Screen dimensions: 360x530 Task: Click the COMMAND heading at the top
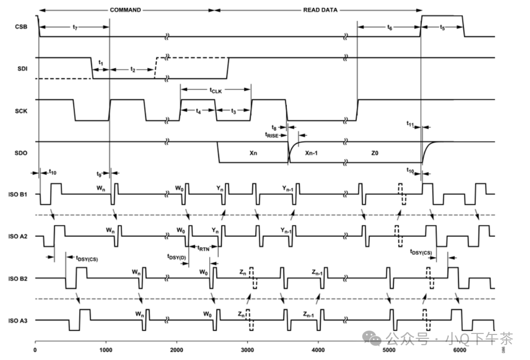(x=125, y=10)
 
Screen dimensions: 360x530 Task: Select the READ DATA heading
(x=320, y=10)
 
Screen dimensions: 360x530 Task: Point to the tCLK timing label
(x=216, y=91)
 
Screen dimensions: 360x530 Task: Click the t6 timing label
(x=389, y=28)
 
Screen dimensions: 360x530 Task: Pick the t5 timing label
(x=442, y=28)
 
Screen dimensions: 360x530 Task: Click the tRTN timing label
(x=203, y=247)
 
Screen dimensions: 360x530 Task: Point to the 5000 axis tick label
(x=389, y=351)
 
